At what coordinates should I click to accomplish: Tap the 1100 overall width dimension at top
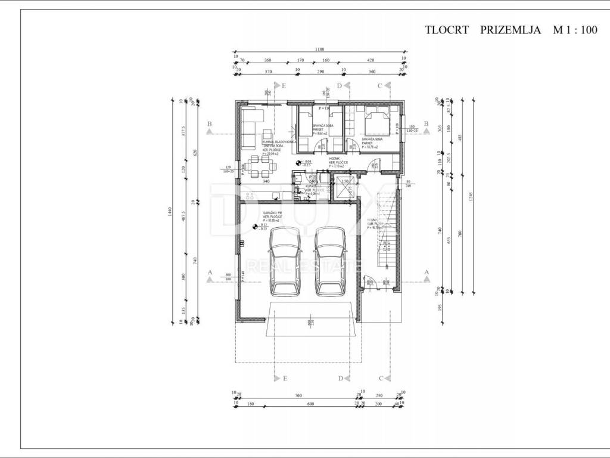tap(319, 50)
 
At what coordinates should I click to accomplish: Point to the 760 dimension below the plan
tap(298, 395)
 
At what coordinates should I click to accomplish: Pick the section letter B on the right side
tap(426, 123)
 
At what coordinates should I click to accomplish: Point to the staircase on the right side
tap(388, 239)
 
